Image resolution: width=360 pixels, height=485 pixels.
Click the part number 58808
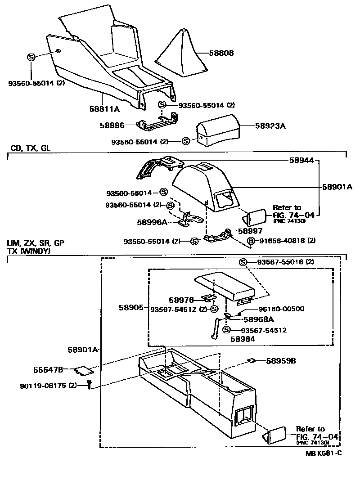[x=221, y=53]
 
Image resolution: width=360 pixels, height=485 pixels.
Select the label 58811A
[x=104, y=109]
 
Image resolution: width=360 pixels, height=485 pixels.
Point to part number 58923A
[x=270, y=126]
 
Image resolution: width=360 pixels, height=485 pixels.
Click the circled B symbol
[x=251, y=241]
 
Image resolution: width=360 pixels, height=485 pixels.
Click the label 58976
[x=181, y=299]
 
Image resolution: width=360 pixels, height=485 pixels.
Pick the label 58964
[x=243, y=339]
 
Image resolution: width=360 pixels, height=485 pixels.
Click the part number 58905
[x=131, y=308]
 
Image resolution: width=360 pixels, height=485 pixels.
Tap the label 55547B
[x=48, y=370]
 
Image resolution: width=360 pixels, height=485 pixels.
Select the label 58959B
[x=281, y=360]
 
